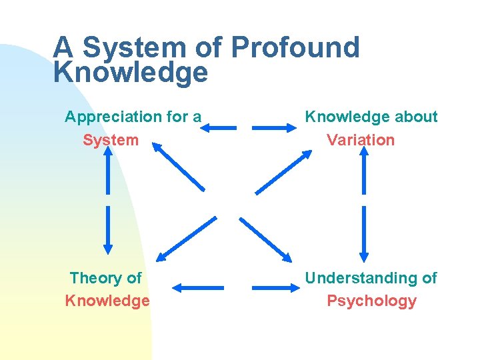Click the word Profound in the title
click(295, 47)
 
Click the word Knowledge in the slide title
click(131, 73)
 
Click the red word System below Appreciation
click(111, 140)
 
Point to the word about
click(414, 117)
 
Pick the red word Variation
click(361, 140)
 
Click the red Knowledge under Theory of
click(107, 301)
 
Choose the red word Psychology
click(371, 301)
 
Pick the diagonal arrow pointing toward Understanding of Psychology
click(266, 238)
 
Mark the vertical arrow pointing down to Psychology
click(363, 233)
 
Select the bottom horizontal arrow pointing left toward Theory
click(198, 288)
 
